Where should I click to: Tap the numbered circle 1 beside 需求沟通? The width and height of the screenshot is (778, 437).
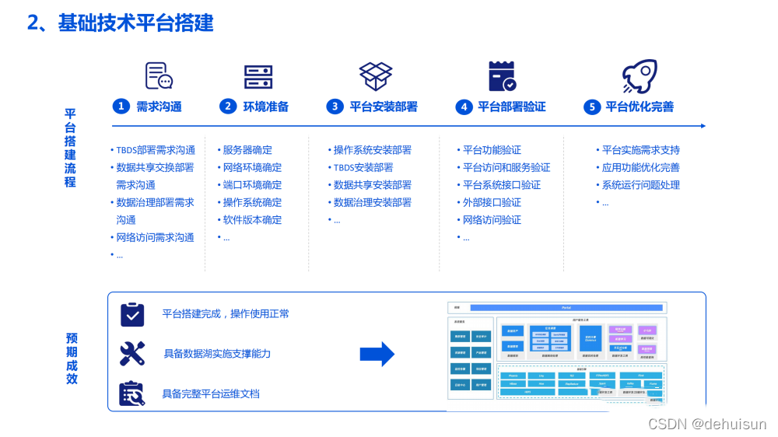point(121,107)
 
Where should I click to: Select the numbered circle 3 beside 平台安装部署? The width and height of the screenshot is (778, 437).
point(335,107)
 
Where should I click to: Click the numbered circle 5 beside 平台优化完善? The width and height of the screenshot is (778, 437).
point(592,107)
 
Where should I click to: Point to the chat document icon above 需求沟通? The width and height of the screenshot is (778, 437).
point(159,75)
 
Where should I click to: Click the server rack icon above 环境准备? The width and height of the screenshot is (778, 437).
point(258,76)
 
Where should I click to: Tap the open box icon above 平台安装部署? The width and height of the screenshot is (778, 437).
point(376,76)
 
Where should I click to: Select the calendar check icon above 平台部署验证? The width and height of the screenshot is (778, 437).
point(502,76)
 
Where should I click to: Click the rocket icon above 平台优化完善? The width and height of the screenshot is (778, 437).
point(639,76)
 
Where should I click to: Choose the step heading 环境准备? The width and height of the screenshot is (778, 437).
point(265,107)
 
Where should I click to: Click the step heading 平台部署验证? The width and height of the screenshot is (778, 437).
point(511,107)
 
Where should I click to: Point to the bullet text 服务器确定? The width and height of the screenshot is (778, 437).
point(247,150)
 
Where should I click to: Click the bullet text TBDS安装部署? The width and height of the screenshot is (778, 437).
point(363,167)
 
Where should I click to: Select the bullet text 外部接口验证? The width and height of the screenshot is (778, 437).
point(492,202)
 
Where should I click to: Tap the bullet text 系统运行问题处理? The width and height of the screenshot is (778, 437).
point(640,185)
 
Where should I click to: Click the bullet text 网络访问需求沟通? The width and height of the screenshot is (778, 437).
point(155,237)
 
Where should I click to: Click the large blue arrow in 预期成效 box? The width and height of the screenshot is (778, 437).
point(377,354)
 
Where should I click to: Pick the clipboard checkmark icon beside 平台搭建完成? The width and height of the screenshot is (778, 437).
point(132,313)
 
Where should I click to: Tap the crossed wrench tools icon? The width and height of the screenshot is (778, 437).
point(132,353)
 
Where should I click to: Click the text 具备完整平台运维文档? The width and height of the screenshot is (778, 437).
point(211,393)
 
